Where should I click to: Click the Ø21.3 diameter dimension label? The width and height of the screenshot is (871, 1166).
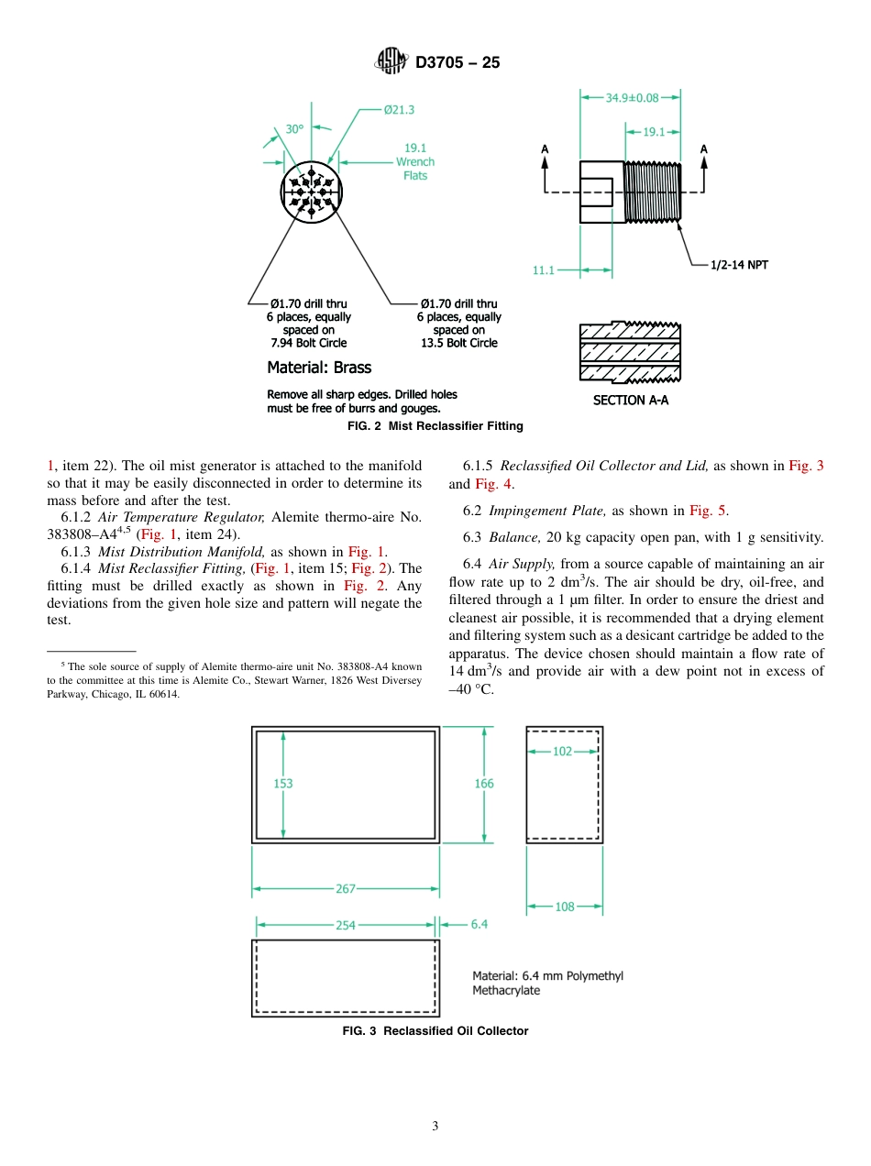click(x=399, y=110)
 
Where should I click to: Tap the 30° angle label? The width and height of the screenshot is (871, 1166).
click(x=293, y=129)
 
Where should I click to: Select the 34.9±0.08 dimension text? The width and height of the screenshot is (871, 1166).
click(x=632, y=96)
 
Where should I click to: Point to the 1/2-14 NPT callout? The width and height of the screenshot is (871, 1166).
click(x=739, y=265)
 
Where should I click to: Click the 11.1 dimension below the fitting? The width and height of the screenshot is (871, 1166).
click(x=544, y=270)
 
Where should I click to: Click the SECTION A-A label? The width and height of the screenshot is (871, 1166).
click(x=631, y=401)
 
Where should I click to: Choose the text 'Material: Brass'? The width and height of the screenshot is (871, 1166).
click(x=319, y=368)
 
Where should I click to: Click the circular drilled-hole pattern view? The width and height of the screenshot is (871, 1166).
click(x=311, y=192)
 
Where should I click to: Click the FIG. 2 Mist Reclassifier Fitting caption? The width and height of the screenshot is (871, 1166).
click(x=435, y=426)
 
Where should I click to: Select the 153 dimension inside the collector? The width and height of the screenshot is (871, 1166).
click(x=283, y=784)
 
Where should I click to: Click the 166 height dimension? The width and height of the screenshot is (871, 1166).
click(x=484, y=783)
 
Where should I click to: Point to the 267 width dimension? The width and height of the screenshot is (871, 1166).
click(x=346, y=888)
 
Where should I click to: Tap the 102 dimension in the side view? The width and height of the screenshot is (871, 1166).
click(x=562, y=751)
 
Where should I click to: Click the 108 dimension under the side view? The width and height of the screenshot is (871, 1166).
click(x=565, y=907)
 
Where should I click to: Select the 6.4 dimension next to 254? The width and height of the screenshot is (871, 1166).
click(x=480, y=924)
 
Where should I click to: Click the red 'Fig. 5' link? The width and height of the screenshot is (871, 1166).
click(x=708, y=511)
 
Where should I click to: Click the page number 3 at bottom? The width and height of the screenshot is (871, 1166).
click(x=435, y=1127)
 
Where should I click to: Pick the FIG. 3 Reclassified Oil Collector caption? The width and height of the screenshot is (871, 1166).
click(x=435, y=1031)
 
